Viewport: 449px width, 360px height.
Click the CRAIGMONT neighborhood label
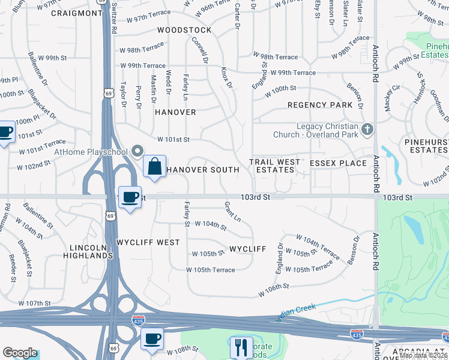point(77,13)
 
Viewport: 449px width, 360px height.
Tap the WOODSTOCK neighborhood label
point(184,30)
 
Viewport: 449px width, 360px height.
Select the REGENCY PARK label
point(320,105)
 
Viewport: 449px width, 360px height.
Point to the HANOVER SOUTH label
point(202,170)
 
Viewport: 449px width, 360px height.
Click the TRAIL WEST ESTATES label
point(276,166)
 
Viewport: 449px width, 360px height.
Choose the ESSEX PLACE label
point(338,163)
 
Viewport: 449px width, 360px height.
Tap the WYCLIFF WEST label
point(148,242)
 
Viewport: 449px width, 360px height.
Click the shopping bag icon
point(155,166)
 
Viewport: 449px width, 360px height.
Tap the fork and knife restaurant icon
point(241,346)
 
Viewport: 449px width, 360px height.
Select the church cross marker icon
point(367,129)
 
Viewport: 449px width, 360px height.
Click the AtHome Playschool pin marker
point(138,151)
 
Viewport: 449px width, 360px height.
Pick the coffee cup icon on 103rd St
point(130,197)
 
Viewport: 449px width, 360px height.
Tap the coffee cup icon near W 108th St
point(152,338)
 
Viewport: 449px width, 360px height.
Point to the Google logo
point(20,353)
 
